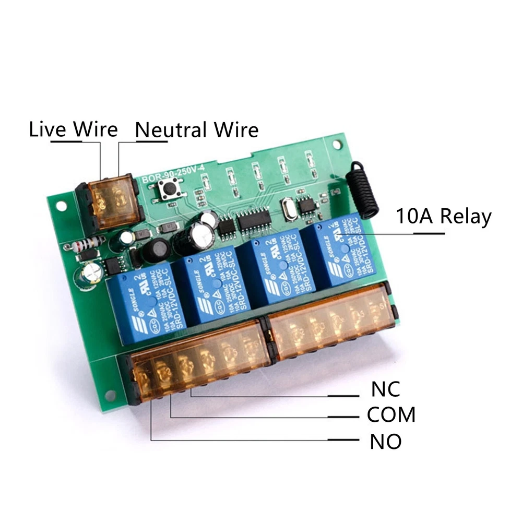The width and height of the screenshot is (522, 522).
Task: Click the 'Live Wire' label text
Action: pos(73,129)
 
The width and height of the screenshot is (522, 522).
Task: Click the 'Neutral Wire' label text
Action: pos(197,129)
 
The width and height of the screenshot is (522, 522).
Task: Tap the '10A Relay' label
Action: pos(444,216)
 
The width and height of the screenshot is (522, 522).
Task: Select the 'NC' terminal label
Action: pos(385,388)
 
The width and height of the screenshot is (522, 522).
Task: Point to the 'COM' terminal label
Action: pos(391,415)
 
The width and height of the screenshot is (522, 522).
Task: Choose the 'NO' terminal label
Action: pos(386,442)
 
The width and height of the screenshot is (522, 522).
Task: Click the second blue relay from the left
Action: pos(211,287)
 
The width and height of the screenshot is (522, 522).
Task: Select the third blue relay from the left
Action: pos(279,266)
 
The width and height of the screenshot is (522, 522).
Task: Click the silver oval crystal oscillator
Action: pos(288,209)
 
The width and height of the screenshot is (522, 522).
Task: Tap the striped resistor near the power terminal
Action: pos(88,243)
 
